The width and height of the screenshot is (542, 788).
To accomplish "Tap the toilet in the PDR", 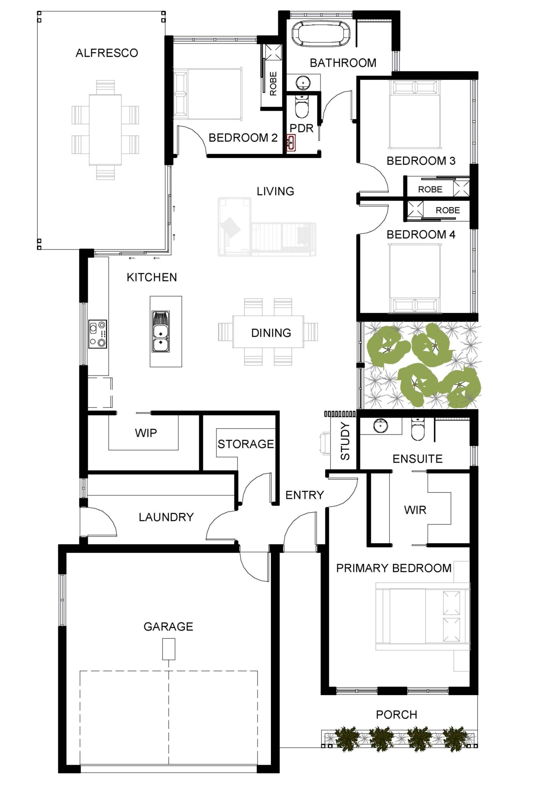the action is pos(301,106).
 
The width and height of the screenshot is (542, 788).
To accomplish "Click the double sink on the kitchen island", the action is pos(161,332).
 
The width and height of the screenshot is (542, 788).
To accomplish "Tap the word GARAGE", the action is pos(168,626).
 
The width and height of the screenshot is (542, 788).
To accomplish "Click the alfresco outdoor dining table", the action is pos(105,130).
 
